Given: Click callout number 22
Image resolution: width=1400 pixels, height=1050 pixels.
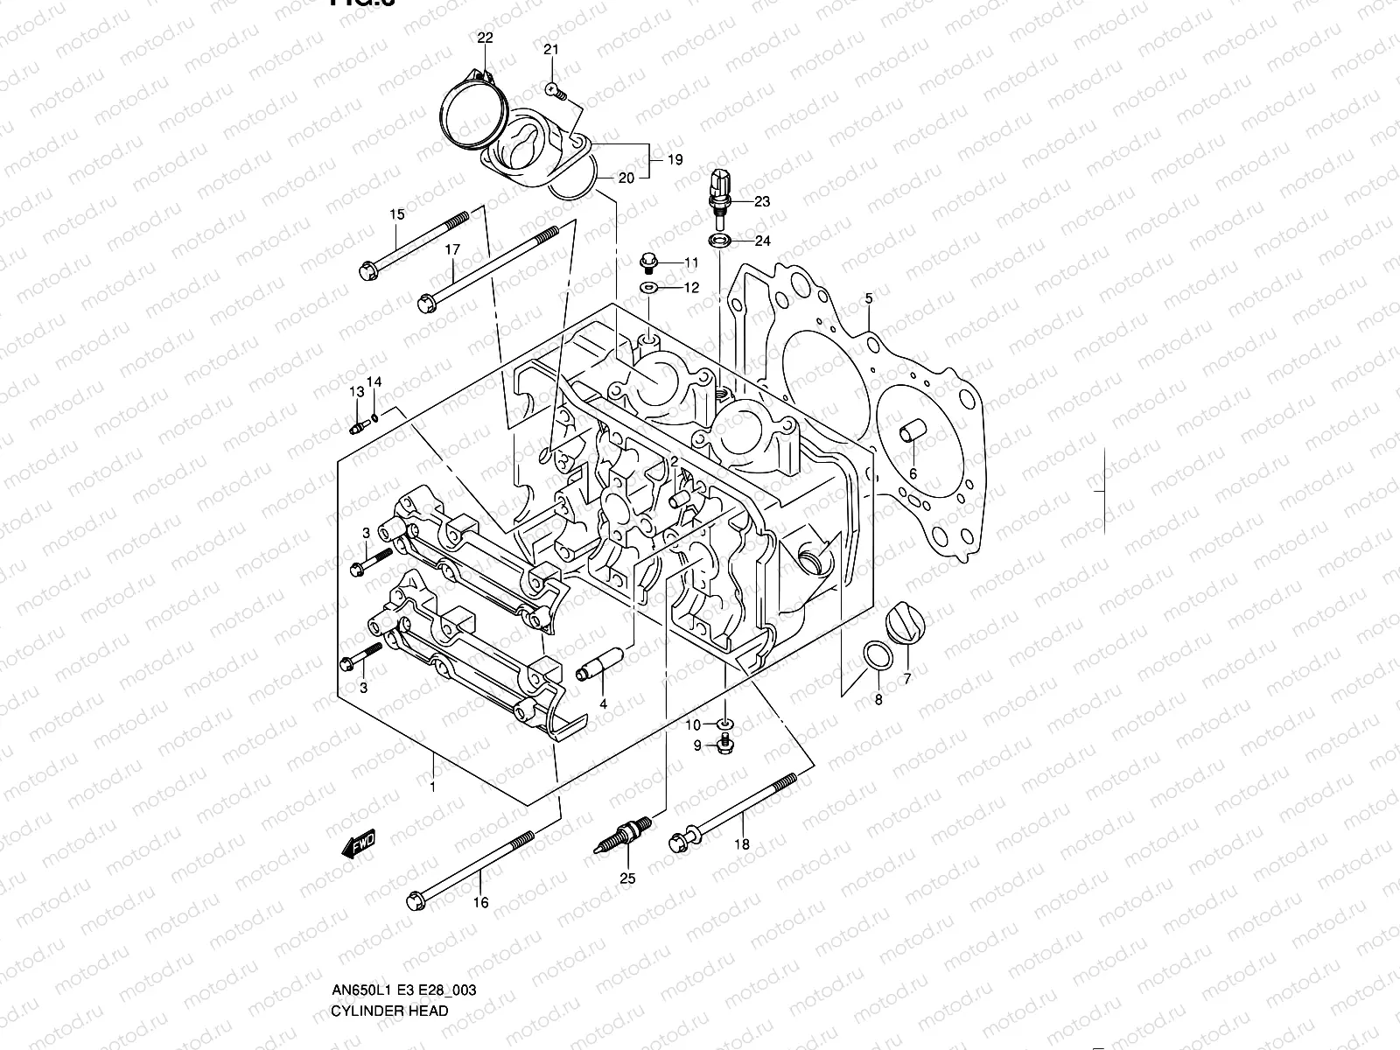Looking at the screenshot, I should [x=485, y=38].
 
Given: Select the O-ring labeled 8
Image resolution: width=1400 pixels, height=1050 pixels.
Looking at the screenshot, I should [x=878, y=657].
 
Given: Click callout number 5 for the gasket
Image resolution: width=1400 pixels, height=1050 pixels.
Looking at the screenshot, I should [x=868, y=299].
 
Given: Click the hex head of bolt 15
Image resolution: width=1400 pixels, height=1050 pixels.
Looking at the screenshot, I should [x=367, y=269].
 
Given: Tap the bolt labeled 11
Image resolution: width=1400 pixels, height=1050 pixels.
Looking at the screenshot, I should [x=649, y=261].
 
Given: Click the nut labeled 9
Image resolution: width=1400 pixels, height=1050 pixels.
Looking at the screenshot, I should [x=724, y=745].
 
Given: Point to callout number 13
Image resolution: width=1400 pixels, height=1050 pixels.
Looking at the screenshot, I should [x=356, y=392].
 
